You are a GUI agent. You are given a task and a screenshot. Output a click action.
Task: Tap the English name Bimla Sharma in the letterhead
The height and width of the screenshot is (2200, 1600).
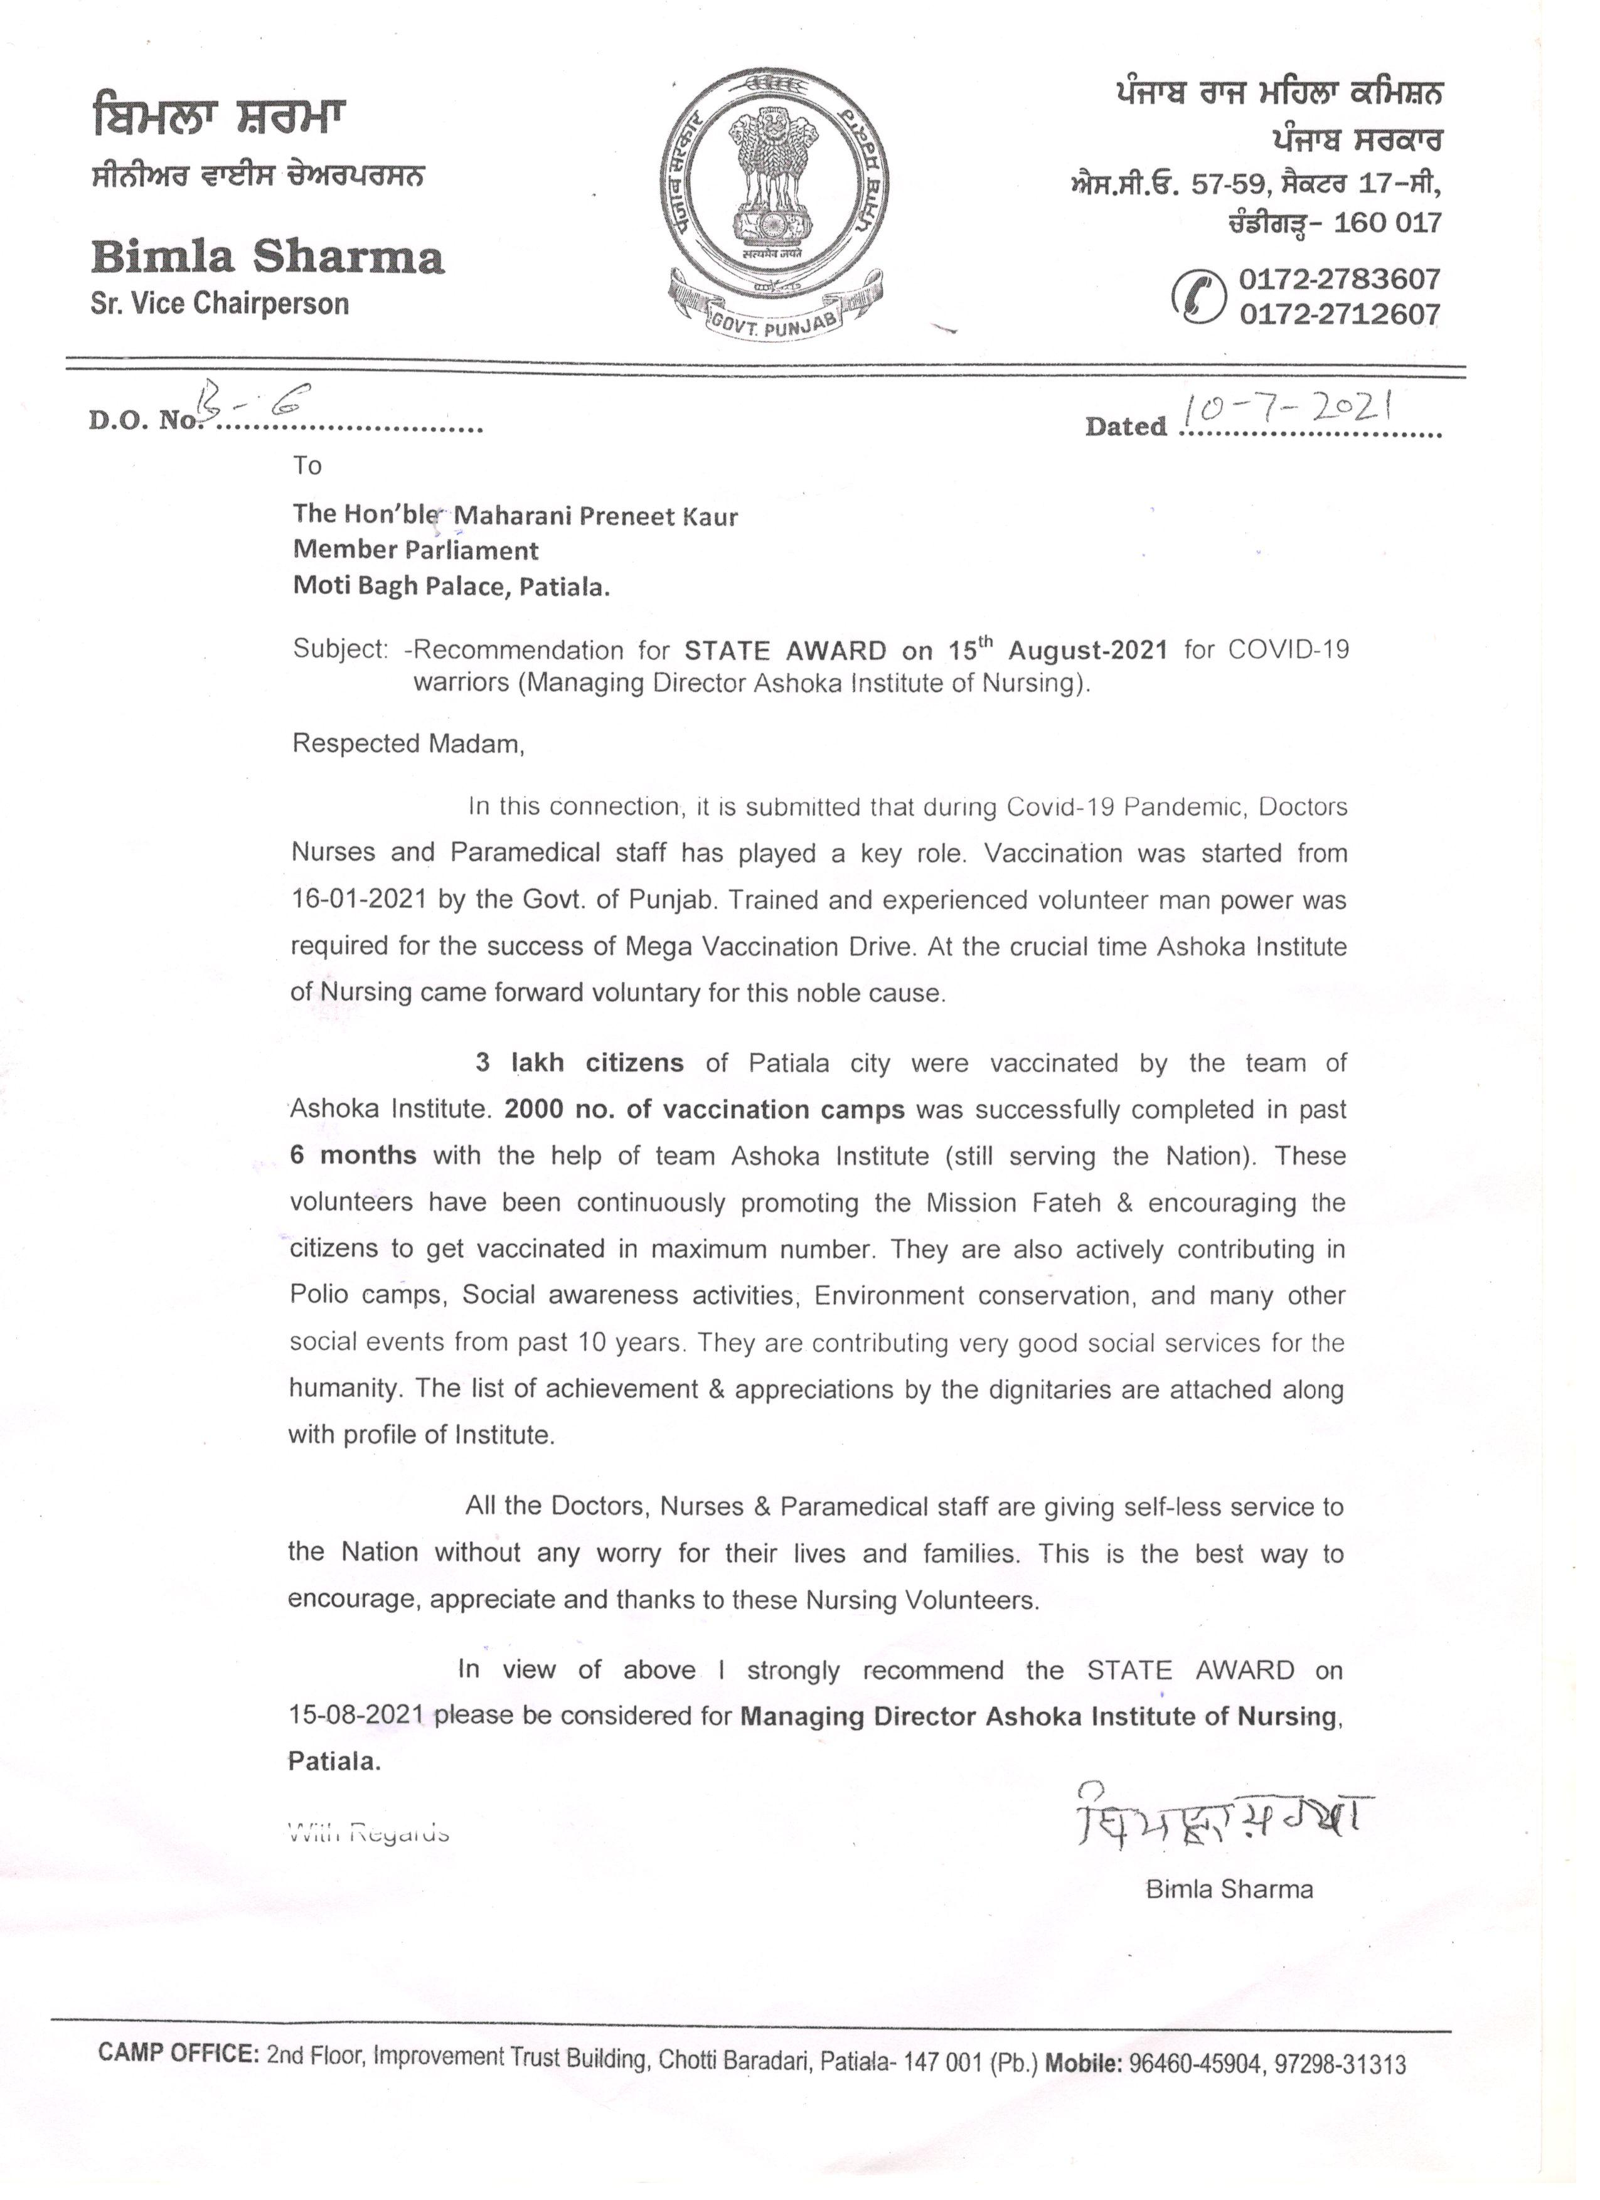click(x=268, y=257)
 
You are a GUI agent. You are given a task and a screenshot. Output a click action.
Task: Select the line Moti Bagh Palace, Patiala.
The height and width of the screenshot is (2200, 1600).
click(x=451, y=586)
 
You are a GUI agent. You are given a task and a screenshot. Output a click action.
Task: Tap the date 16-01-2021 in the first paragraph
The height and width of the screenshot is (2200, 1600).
click(x=359, y=899)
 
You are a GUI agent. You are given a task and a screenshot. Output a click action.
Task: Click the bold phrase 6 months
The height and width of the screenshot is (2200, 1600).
click(x=353, y=1156)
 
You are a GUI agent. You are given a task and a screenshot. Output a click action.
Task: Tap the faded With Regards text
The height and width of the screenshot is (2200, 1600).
click(x=369, y=1832)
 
